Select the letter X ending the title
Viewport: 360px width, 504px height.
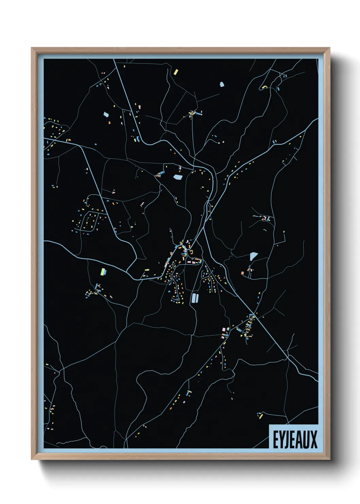[x=313, y=440]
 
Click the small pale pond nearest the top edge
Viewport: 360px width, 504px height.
[x=222, y=84]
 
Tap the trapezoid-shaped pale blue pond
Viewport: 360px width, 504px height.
[x=253, y=256]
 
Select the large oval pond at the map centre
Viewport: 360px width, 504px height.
[x=178, y=177]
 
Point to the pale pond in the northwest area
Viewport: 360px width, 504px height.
[x=106, y=114]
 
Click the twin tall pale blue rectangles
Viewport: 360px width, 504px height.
[x=195, y=298]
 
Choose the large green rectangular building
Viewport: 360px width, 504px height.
[x=103, y=271]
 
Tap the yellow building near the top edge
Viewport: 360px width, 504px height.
[x=176, y=72]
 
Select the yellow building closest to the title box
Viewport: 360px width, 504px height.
[x=261, y=416]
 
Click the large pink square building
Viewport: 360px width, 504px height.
[x=224, y=330]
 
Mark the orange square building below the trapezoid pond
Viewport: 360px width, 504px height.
[x=243, y=273]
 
